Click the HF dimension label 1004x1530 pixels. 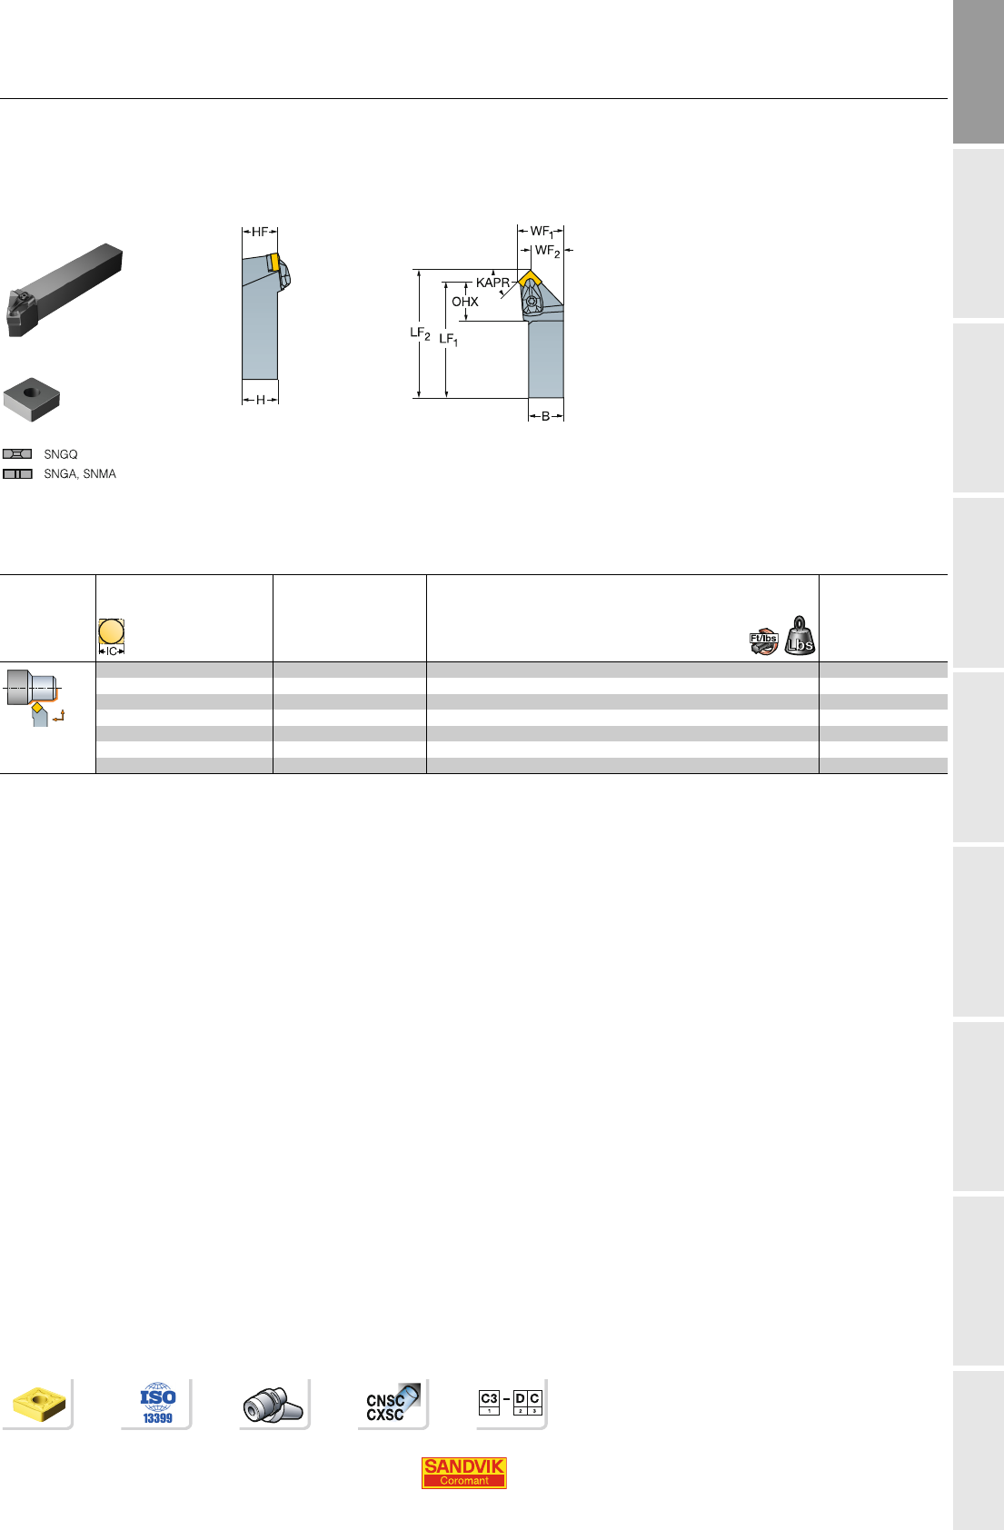pyautogui.click(x=260, y=233)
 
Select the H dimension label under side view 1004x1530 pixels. pyautogui.click(x=260, y=401)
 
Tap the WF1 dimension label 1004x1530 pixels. pyautogui.click(x=542, y=233)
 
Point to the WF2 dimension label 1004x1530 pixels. pyautogui.click(x=547, y=252)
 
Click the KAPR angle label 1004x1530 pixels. pyautogui.click(x=492, y=283)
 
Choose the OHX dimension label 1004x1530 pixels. pyautogui.click(x=465, y=302)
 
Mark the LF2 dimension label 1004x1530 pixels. pyautogui.click(x=420, y=333)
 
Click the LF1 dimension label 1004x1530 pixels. pyautogui.click(x=448, y=340)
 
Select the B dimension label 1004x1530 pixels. pyautogui.click(x=546, y=417)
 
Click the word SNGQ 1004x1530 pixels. pyautogui.click(x=61, y=454)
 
